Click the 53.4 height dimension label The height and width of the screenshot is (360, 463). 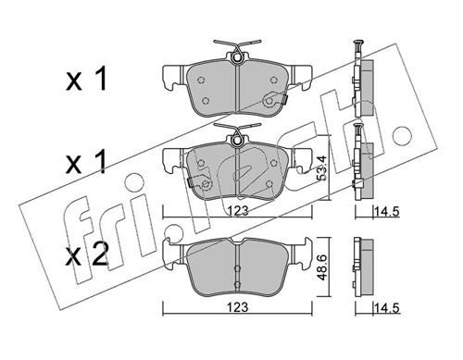(x=321, y=169)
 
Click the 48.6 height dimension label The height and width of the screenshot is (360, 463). (x=322, y=267)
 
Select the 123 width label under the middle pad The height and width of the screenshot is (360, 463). (x=238, y=211)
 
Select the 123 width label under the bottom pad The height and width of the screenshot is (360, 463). (x=238, y=307)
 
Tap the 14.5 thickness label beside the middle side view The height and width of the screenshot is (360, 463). (x=387, y=212)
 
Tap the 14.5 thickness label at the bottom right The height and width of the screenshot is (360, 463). (x=387, y=308)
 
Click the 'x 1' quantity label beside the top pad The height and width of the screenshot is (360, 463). (x=86, y=80)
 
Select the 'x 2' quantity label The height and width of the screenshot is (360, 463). (x=87, y=254)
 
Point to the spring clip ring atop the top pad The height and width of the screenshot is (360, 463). (x=237, y=57)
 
